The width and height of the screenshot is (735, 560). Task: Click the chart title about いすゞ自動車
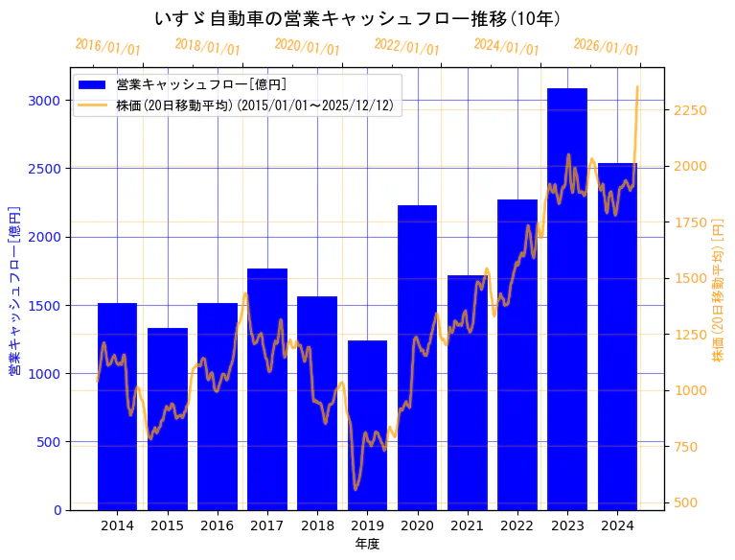(357, 18)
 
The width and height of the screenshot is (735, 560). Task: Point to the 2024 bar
(617, 337)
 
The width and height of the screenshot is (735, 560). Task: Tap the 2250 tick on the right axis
(690, 110)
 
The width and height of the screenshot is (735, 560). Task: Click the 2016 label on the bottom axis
(217, 525)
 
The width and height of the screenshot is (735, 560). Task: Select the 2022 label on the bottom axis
(517, 525)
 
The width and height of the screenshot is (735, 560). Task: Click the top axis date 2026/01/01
(606, 47)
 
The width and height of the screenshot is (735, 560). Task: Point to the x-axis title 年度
(367, 544)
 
